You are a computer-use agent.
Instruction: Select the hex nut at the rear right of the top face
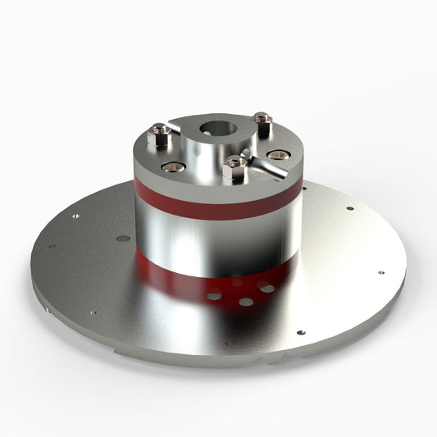262,122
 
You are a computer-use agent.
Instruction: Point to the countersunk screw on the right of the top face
279,154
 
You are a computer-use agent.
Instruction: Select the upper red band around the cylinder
217,205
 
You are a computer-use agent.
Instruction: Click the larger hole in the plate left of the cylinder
123,239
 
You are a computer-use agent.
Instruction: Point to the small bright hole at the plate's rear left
75,216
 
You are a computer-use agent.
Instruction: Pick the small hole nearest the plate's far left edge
51,246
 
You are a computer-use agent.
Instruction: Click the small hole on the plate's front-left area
93,312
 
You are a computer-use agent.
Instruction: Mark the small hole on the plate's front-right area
300,333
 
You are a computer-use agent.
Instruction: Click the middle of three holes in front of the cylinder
246,302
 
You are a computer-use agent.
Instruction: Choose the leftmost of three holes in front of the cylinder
214,295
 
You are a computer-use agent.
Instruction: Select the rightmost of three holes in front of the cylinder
267,288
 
